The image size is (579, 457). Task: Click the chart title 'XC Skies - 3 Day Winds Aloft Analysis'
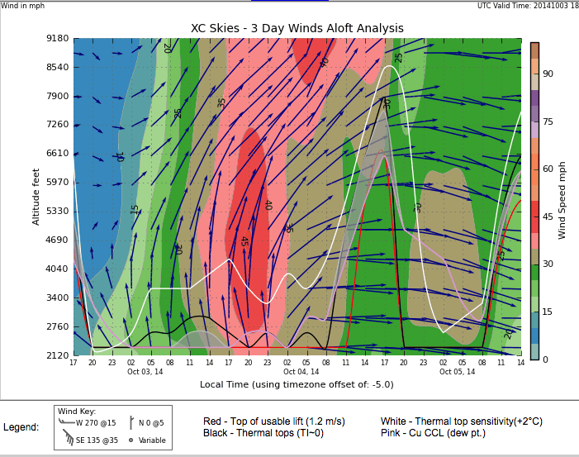[x=297, y=28]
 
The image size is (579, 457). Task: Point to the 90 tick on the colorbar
[x=547, y=74]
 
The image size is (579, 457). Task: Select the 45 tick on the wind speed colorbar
[x=547, y=217]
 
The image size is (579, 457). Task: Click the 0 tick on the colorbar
[x=544, y=359]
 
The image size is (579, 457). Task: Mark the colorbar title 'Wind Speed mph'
[x=562, y=198]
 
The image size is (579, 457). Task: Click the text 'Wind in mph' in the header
[x=25, y=6]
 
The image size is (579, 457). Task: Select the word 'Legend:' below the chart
[x=21, y=427]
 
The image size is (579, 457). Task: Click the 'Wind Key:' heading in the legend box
[x=76, y=411]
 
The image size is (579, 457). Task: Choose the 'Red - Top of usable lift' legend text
[x=273, y=421]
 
